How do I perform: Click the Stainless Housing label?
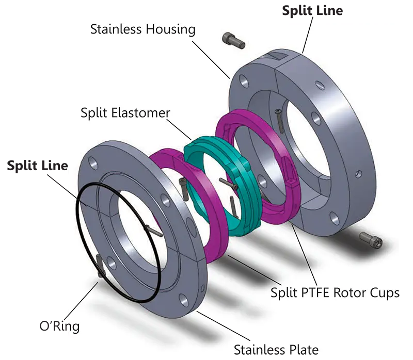pos(143,29)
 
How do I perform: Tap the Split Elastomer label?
pos(125,112)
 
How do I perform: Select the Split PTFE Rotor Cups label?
pos(335,292)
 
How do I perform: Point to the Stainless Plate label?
pos(276,349)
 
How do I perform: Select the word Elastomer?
pos(140,112)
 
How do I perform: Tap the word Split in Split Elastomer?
pos(93,112)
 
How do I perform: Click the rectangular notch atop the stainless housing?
pos(273,54)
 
